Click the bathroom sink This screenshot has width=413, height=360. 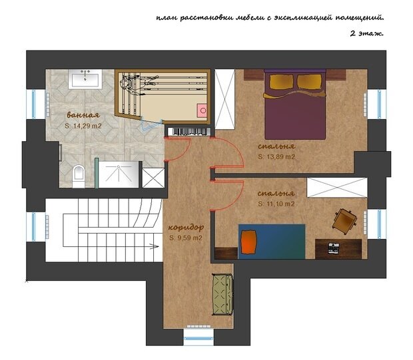pyautogui.click(x=85, y=79)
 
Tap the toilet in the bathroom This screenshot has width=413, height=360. pyautogui.click(x=79, y=176)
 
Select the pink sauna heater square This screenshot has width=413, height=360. pyautogui.click(x=203, y=110)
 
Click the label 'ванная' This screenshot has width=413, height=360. pyautogui.click(x=83, y=115)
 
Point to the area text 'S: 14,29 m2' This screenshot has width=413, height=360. pyautogui.click(x=83, y=126)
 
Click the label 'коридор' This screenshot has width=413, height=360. pyautogui.click(x=187, y=228)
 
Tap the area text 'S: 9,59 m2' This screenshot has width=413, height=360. pyautogui.click(x=186, y=238)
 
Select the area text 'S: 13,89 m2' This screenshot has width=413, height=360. pyautogui.click(x=276, y=157)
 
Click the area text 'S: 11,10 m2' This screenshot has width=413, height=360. pyautogui.click(x=276, y=204)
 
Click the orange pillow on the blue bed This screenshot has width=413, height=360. pyautogui.click(x=248, y=242)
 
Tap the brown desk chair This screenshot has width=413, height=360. pyautogui.click(x=344, y=220)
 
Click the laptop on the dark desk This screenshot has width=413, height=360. pyautogui.click(x=334, y=248)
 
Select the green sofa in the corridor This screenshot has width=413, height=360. pyautogui.click(x=223, y=294)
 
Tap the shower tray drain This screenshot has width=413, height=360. pyautogui.click(x=119, y=166)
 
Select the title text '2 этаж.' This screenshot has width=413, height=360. pyautogui.click(x=366, y=34)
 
